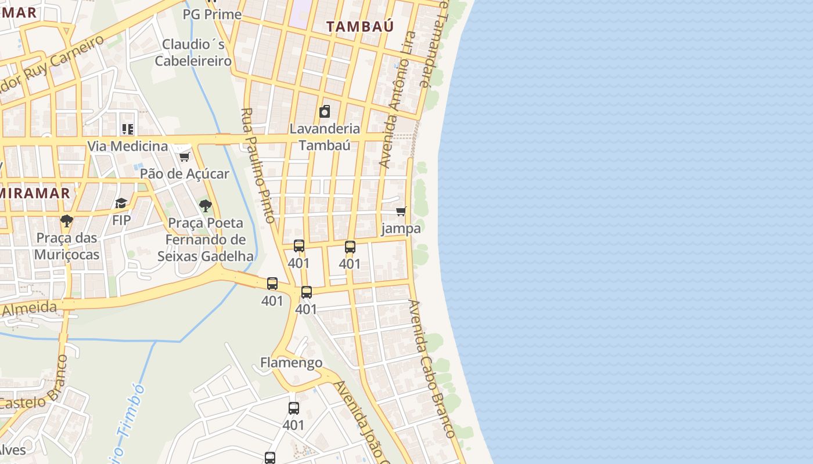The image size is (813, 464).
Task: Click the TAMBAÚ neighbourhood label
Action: click(x=359, y=26)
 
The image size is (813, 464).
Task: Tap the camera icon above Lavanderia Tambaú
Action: click(x=325, y=111)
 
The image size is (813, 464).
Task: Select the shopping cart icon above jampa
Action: click(x=401, y=212)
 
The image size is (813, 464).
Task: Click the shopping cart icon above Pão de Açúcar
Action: click(x=185, y=157)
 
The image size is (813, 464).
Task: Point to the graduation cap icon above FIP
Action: click(x=121, y=203)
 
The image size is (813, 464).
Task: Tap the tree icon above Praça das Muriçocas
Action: click(x=67, y=221)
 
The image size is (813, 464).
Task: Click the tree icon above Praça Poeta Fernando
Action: click(x=205, y=206)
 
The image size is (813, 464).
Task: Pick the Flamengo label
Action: click(x=291, y=363)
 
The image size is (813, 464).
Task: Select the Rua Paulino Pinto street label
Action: click(x=257, y=165)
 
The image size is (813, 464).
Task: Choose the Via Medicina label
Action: click(x=127, y=146)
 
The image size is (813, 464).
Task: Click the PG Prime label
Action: click(x=212, y=14)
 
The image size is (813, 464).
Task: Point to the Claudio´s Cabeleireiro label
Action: click(x=193, y=52)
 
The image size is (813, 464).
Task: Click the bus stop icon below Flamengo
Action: click(x=294, y=408)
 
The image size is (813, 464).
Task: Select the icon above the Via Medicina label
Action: click(x=128, y=129)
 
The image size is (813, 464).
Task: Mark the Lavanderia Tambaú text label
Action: click(x=325, y=136)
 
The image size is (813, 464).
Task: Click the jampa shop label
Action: click(x=401, y=229)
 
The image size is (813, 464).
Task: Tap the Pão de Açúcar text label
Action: click(x=185, y=173)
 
